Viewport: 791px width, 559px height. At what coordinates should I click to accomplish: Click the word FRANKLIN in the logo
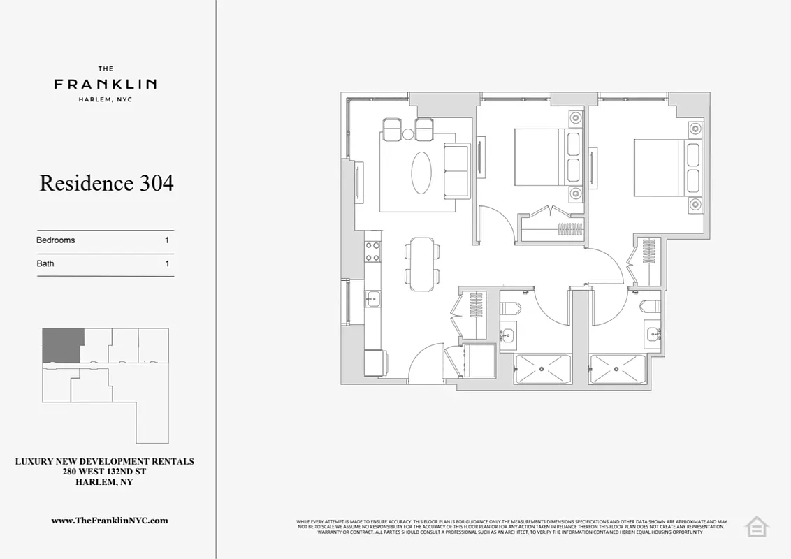106,84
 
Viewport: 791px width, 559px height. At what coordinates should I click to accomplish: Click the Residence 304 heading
106,183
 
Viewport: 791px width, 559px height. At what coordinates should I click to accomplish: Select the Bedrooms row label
56,240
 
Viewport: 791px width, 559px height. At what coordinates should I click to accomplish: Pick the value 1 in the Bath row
167,264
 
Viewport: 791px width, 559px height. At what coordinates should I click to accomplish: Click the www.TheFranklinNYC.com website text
110,521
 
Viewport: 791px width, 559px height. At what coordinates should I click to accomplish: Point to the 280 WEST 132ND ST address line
105,472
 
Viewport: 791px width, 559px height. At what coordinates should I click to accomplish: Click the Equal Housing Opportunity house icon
756,526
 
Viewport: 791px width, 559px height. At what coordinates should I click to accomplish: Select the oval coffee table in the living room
421,173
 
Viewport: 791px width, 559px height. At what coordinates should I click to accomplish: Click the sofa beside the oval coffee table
458,170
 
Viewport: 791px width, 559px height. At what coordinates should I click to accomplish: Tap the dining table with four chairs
422,264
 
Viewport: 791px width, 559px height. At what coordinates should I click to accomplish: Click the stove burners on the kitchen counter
372,252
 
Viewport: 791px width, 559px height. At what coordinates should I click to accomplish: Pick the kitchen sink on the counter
371,300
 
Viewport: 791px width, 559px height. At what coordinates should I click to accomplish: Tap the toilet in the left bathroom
509,308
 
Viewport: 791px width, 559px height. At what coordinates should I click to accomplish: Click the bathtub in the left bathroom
543,368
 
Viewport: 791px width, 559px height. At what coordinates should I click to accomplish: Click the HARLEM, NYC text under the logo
106,99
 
